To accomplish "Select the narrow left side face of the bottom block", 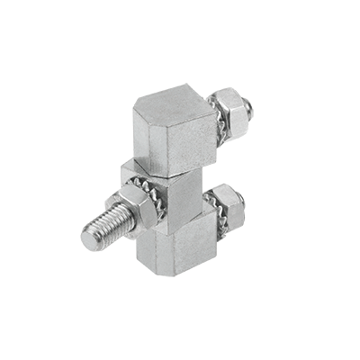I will coord(145,248).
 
